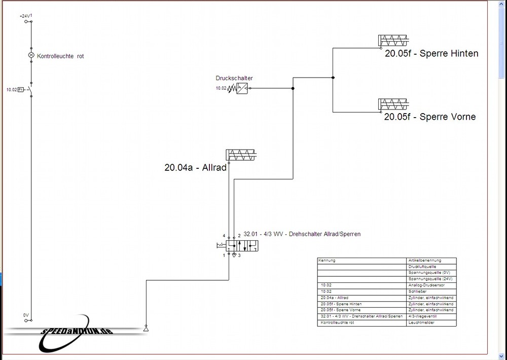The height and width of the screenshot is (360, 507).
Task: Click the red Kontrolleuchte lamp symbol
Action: coord(31,55)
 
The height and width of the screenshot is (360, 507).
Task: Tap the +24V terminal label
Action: coord(25,17)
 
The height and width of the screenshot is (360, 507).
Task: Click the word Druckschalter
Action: coord(234,78)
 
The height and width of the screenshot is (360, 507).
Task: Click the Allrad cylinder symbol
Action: coord(241,155)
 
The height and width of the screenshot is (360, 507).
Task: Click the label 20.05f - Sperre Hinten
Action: coord(431,53)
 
